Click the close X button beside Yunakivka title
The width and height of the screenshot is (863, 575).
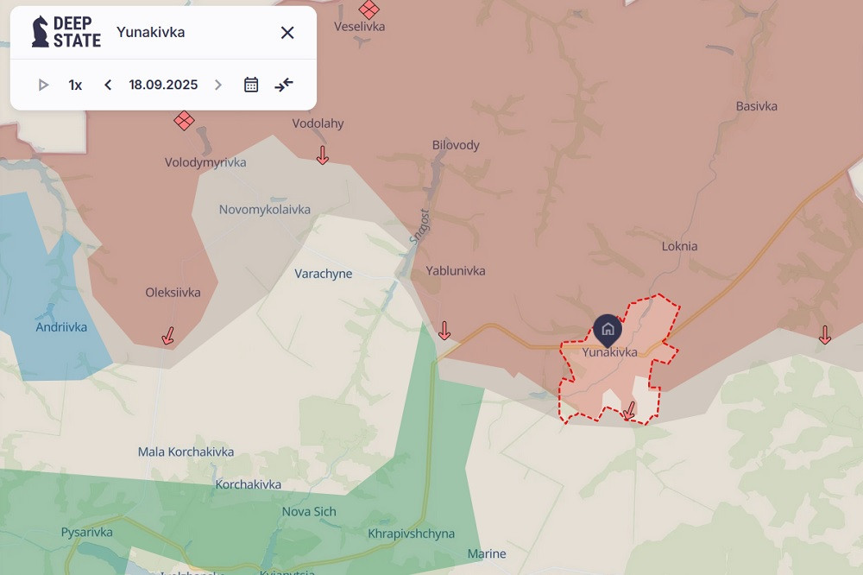click(x=287, y=33)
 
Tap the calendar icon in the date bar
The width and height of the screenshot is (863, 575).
click(x=251, y=85)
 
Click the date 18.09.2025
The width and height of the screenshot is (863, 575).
click(x=163, y=85)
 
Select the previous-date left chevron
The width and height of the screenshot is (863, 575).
click(x=108, y=85)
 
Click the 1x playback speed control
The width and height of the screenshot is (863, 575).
click(x=75, y=85)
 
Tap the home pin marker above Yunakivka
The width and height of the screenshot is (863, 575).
click(x=608, y=329)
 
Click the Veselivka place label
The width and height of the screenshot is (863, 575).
click(x=359, y=27)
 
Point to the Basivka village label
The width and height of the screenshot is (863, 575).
click(x=756, y=106)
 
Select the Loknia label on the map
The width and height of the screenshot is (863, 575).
click(x=679, y=246)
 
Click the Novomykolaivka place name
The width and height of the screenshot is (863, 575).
click(x=264, y=210)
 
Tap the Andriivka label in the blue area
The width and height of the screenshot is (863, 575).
click(x=61, y=327)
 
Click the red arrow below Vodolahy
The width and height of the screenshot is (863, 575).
click(x=323, y=155)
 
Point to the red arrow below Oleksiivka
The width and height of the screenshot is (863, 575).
click(x=168, y=336)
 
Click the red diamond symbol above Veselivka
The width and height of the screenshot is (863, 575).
click(x=369, y=9)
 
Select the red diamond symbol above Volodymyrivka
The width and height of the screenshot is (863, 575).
click(x=184, y=120)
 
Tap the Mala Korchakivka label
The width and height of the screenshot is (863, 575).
click(x=186, y=452)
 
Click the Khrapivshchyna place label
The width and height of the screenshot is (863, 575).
click(x=411, y=534)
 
